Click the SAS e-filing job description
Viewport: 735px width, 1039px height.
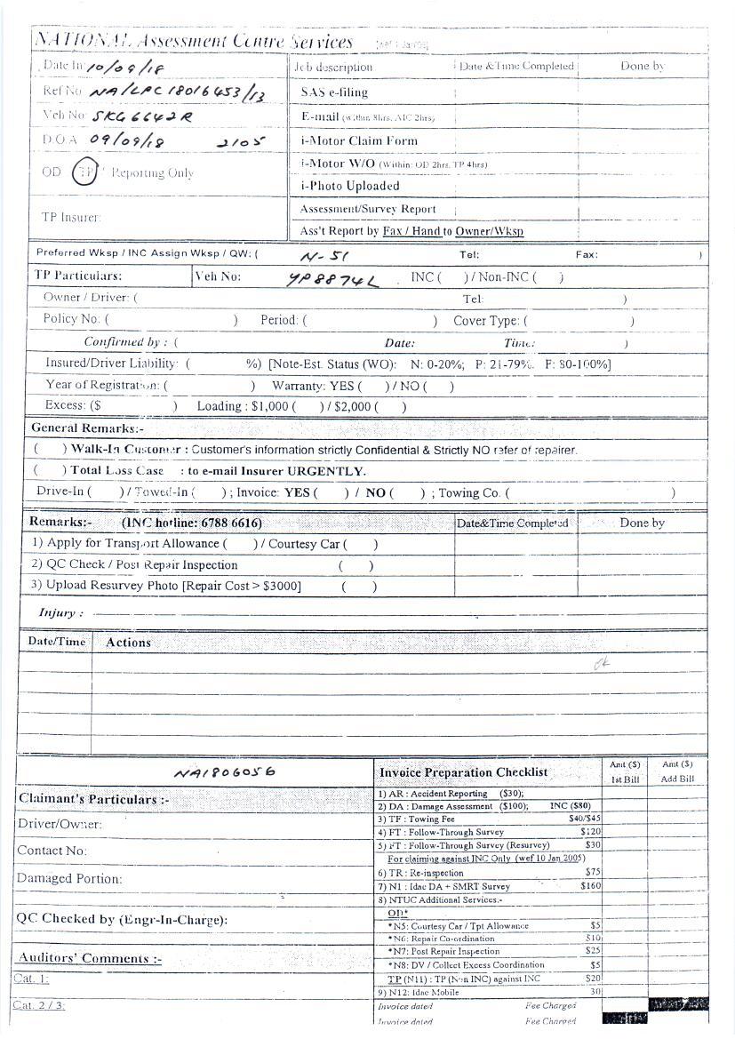click(x=334, y=92)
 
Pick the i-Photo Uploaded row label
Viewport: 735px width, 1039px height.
click(x=350, y=187)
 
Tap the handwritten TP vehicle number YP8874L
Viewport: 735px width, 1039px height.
click(x=332, y=280)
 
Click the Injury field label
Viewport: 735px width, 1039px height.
click(x=61, y=613)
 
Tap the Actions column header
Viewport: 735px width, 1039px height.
click(x=129, y=643)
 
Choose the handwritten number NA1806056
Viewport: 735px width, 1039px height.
click(x=224, y=772)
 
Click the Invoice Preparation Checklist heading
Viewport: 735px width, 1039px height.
click(x=463, y=772)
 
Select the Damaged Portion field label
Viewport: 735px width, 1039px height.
click(x=69, y=879)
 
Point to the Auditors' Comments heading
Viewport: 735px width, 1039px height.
click(x=90, y=958)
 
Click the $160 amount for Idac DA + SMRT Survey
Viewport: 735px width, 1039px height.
click(x=590, y=886)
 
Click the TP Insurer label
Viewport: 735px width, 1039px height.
click(x=71, y=217)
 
